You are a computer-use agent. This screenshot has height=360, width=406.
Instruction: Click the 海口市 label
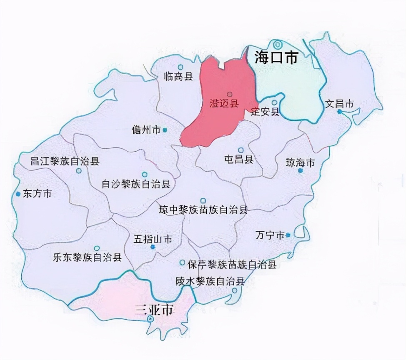[x=276, y=57]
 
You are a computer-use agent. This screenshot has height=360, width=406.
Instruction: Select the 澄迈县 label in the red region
[x=224, y=104]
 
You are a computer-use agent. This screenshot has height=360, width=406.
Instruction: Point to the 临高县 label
[x=178, y=76]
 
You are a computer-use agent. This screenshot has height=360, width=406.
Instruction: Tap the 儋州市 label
[x=146, y=130]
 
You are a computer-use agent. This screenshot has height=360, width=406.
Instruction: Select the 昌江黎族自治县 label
[x=65, y=161]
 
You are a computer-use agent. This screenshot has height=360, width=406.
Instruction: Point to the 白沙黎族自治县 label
[x=136, y=184]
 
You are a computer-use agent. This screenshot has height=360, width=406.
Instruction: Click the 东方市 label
[x=38, y=194]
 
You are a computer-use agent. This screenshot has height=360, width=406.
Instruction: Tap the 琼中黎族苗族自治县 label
[x=203, y=210]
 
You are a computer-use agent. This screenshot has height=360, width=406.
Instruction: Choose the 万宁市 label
[x=270, y=235]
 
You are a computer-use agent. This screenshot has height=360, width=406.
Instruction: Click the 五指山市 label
[x=153, y=239]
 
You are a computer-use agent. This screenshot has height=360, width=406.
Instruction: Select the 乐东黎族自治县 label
[x=88, y=257]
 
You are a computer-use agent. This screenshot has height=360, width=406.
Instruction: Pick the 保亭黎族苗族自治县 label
[x=232, y=264]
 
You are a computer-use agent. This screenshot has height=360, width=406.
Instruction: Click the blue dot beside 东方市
[x=18, y=194]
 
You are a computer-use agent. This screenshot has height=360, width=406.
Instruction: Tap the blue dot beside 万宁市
[x=288, y=235]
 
